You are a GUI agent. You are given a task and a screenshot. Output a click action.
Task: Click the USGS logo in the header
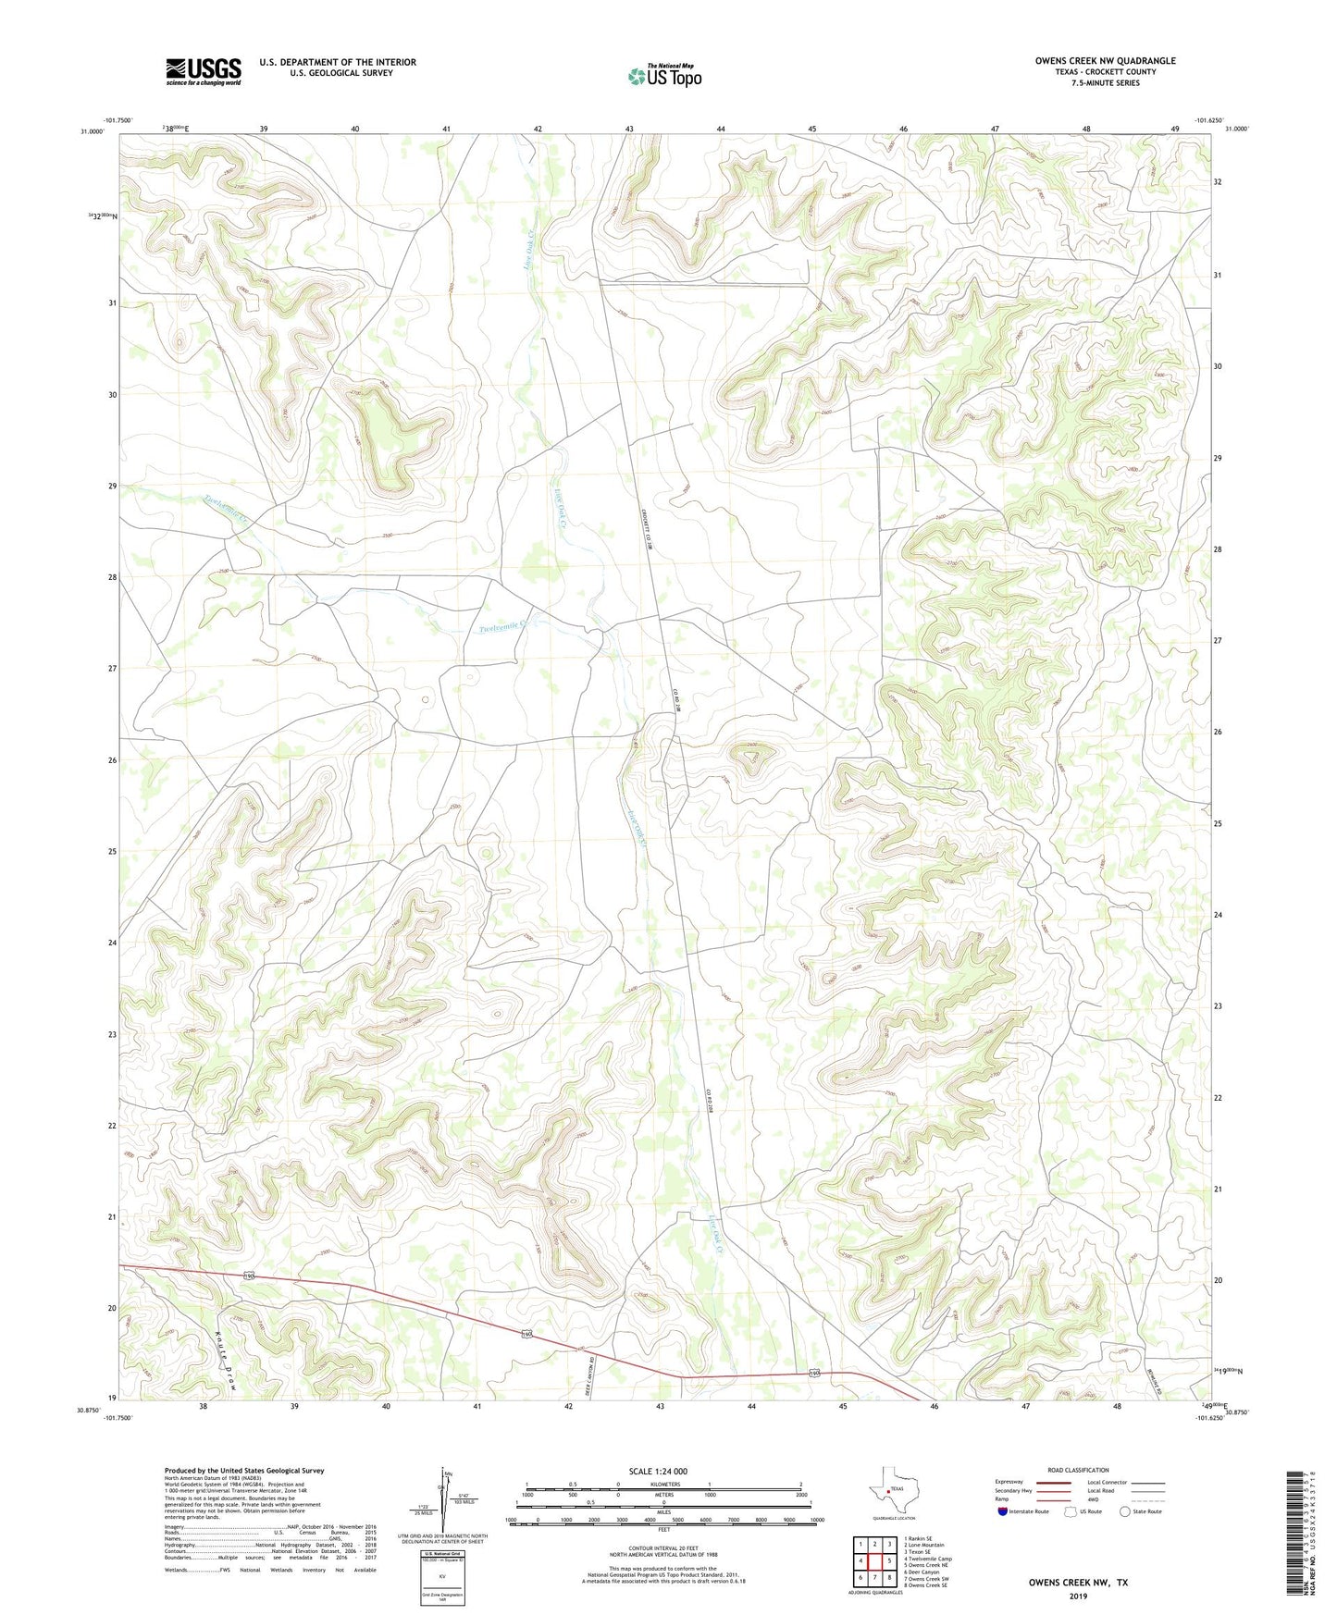(204, 71)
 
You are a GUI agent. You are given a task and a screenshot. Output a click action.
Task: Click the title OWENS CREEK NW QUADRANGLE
(1105, 61)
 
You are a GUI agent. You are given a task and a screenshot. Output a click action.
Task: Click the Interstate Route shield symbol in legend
(1004, 1511)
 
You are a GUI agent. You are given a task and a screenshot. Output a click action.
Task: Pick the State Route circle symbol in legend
(1125, 1511)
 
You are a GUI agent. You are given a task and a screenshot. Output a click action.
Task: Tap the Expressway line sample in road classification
(1054, 1483)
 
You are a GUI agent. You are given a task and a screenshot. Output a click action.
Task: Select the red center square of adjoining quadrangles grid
(874, 1561)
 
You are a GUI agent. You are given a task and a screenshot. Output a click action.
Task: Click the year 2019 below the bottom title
(1078, 1597)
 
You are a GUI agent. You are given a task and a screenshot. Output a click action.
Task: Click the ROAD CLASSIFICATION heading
(1078, 1470)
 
